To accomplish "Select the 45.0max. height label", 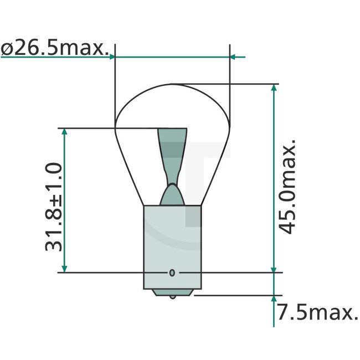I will (x=288, y=187).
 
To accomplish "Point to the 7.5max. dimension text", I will (x=317, y=314).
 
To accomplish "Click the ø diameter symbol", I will (x=7, y=49).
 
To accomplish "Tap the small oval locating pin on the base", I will (x=172, y=272).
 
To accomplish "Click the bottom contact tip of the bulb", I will (x=173, y=296).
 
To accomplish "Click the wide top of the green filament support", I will (x=173, y=134).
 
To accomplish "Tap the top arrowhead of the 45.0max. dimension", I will (x=274, y=89).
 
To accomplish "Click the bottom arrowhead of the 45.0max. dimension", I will (x=274, y=268).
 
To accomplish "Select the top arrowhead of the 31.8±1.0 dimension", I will (x=65, y=133).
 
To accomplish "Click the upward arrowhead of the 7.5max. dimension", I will (x=274, y=300).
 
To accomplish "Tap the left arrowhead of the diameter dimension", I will (x=112, y=56).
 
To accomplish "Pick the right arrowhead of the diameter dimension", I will (x=233, y=56).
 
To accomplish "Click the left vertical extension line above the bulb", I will (x=114, y=83).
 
